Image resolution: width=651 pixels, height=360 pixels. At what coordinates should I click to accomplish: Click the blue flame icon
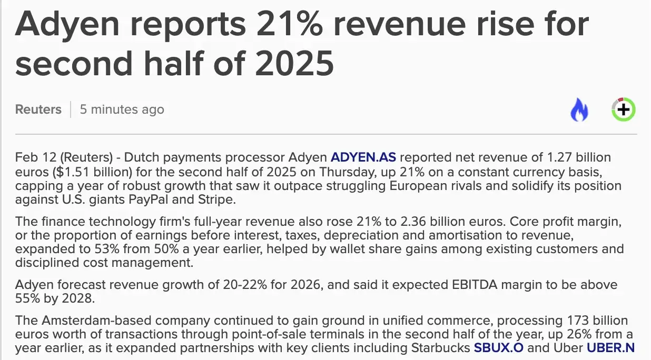coord(579,109)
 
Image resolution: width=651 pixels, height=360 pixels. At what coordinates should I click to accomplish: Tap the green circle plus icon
coord(624,109)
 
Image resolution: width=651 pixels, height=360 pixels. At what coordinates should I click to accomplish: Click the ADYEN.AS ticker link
coord(363,157)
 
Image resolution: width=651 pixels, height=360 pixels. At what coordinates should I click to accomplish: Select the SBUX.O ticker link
coord(498,348)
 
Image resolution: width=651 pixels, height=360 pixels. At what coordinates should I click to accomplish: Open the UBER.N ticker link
coord(610,348)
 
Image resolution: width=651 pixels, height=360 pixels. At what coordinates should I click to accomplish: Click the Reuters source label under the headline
coord(38,109)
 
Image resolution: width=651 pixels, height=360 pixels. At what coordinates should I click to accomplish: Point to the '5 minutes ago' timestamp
coord(122,109)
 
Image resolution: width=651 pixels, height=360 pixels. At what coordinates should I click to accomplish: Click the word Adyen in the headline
coord(67,25)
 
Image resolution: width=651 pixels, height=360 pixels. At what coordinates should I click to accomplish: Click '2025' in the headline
coord(294,63)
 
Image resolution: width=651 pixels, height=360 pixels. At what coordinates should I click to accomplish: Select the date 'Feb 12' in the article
coord(36,157)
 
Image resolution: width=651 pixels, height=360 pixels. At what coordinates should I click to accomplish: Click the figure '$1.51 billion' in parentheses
coord(93,172)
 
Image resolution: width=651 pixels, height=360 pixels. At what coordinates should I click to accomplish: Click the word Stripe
coord(216,200)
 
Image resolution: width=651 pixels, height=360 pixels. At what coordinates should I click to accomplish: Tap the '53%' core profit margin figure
coord(107,249)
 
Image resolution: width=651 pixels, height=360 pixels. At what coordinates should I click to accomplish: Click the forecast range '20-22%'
coord(245,285)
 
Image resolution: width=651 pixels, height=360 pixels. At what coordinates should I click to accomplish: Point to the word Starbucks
coord(441,348)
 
